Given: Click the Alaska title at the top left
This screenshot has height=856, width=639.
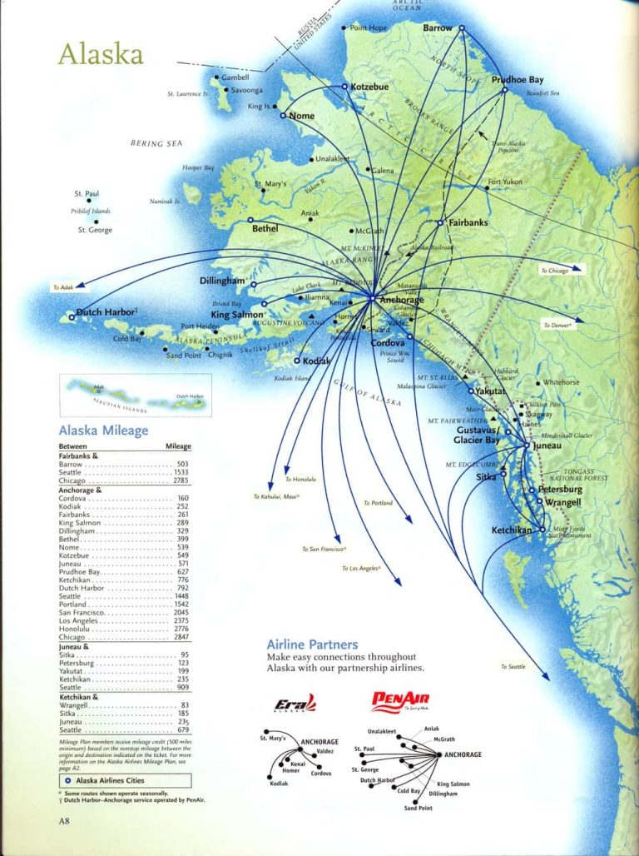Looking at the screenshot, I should click(100, 54).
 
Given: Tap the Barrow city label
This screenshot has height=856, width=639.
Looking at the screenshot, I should click(438, 28).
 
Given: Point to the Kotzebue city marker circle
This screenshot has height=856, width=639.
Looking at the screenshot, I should click(344, 87).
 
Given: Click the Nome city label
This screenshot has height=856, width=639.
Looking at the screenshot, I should click(301, 116).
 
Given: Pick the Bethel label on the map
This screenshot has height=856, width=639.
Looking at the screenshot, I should click(265, 228).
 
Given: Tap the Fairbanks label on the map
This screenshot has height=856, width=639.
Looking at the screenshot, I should click(468, 223).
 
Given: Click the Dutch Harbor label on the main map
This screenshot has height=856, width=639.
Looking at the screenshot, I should click(106, 313).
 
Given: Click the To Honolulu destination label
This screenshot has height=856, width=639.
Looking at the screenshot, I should click(300, 480).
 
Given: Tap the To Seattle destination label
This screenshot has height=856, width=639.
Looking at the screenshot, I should click(513, 667).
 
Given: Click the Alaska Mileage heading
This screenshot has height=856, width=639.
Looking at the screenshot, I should click(103, 430).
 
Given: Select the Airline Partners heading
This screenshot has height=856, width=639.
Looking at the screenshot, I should click(312, 644).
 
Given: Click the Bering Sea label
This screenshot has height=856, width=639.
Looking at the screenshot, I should click(156, 144).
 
